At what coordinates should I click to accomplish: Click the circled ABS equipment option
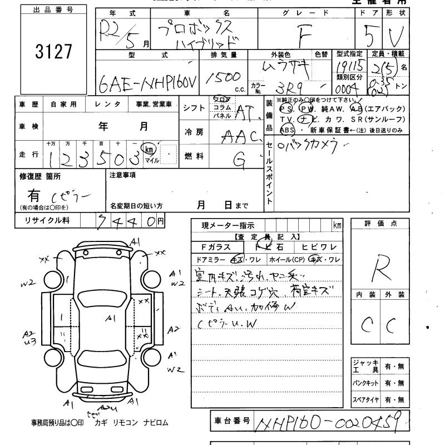pos(288,130)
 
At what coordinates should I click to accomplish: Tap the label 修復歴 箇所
pos(42,175)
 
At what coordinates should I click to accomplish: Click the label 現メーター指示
pos(228,225)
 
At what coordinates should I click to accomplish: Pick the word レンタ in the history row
pos(103,104)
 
